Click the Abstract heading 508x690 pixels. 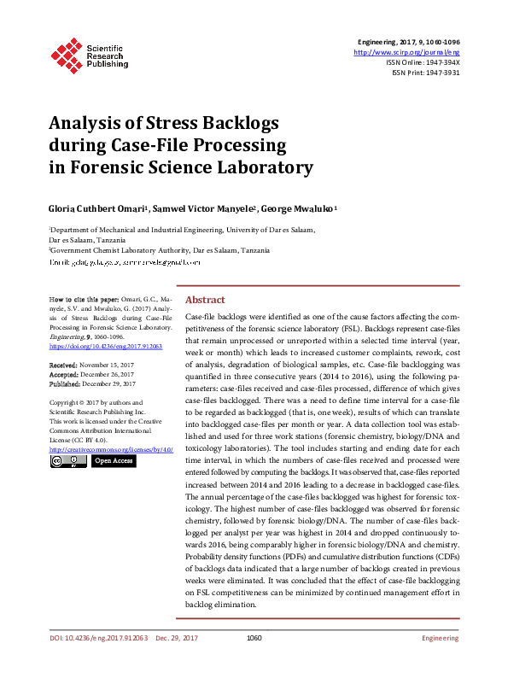click(x=205, y=300)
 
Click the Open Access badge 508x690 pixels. click(x=114, y=461)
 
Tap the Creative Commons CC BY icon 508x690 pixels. click(x=68, y=461)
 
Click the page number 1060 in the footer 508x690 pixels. click(x=254, y=638)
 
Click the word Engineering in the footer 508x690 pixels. click(x=441, y=638)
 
